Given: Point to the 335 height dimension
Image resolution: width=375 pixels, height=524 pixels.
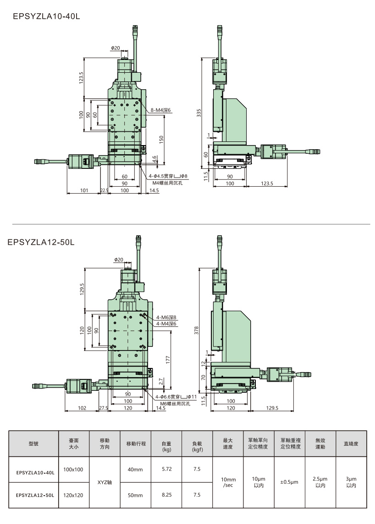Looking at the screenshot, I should coord(199,113).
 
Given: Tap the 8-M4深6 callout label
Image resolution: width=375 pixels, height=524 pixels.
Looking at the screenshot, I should coord(160,110).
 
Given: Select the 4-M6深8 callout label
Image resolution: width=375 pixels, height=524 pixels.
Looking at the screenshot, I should coord(166,317).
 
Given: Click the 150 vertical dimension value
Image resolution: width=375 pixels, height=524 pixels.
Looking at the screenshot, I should coord(161,139).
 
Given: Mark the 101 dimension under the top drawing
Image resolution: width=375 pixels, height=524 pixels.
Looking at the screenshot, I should coord(83,190).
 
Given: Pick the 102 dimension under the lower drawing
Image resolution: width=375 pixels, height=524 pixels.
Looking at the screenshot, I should coord(82,408).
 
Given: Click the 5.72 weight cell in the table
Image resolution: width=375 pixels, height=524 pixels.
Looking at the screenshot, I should coord(166,470).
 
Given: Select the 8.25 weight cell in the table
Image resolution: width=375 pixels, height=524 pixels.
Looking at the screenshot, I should coord(166,495).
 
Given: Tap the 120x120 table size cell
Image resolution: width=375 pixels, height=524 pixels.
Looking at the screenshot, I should coord(73,495).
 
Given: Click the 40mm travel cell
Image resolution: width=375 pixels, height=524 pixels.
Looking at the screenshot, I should coord(135,470).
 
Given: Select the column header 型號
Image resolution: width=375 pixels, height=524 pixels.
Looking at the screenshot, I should coord(34,443).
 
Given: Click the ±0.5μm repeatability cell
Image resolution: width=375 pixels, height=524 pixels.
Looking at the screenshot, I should coord(289,482).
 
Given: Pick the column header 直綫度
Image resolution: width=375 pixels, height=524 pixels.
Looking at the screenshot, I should coord(351,443).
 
